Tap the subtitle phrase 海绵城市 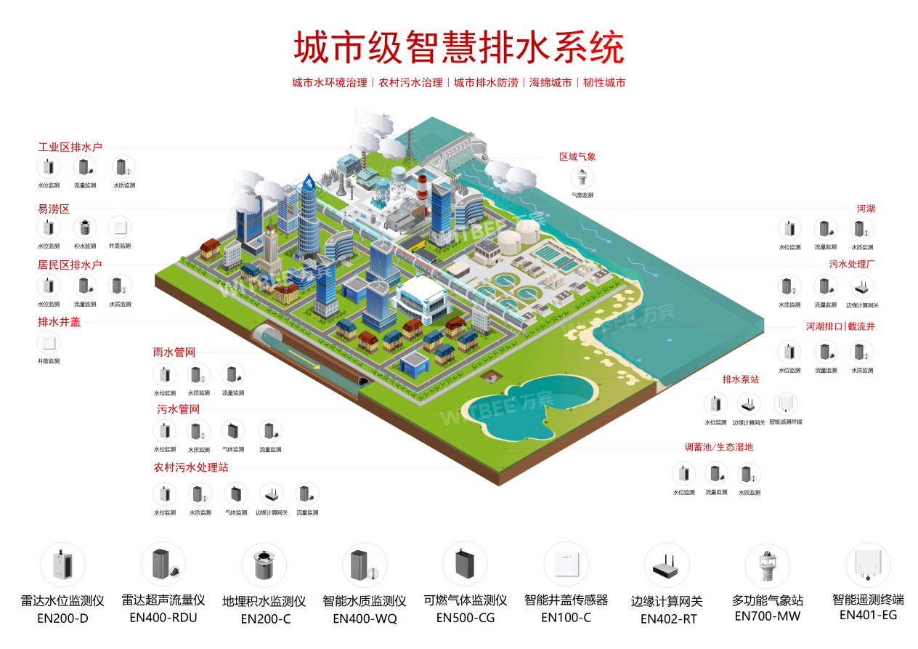[550, 83]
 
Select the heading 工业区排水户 [70, 148]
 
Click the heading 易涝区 [53, 209]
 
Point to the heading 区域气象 [577, 157]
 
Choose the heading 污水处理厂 [853, 265]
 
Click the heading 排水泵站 [741, 379]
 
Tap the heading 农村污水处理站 [191, 467]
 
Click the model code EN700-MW [767, 616]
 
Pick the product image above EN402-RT [667, 565]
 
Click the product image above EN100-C [566, 564]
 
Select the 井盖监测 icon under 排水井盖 [48, 343]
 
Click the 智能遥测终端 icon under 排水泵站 [785, 404]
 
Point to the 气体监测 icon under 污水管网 [233, 432]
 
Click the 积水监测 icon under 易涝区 [85, 227]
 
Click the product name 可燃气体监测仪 [465, 601]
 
